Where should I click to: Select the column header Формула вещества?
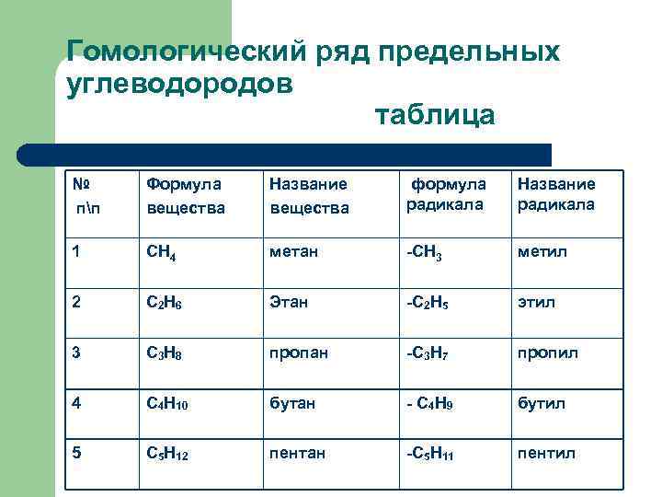click(x=187, y=196)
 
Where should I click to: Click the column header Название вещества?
click(x=309, y=196)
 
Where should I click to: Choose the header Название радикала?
click(x=556, y=195)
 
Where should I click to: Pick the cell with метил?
click(x=539, y=251)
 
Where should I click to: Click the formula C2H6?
click(x=165, y=303)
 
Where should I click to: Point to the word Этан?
click(x=289, y=302)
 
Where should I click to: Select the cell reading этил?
click(x=537, y=302)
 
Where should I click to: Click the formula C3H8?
click(x=165, y=353)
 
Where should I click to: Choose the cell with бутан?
click(x=291, y=403)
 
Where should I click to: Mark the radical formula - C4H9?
click(x=428, y=404)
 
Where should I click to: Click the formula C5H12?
click(x=168, y=454)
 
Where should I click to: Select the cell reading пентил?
click(x=546, y=453)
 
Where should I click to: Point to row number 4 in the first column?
click(x=76, y=403)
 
